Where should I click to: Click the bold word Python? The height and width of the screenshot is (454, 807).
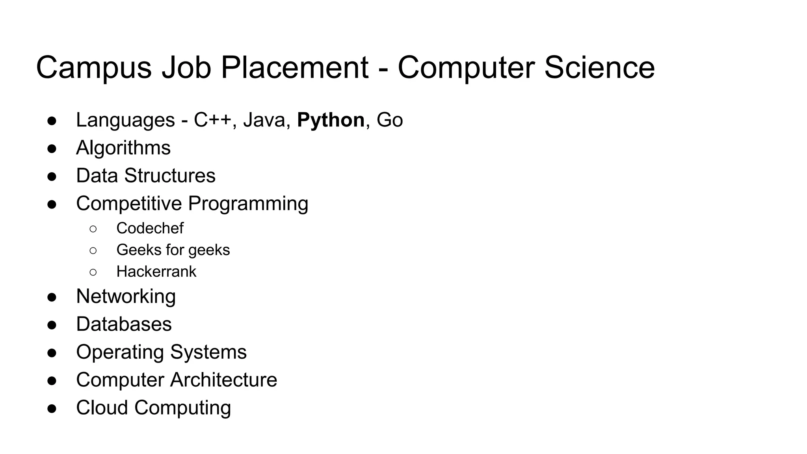click(331, 120)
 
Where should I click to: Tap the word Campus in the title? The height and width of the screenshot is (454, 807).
click(94, 68)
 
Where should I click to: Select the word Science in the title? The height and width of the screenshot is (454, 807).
click(599, 68)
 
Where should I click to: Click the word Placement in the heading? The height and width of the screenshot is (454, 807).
click(295, 68)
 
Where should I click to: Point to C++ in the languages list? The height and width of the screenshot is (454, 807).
click(212, 120)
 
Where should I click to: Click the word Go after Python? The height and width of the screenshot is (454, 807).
click(390, 120)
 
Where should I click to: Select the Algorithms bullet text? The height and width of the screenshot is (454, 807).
click(123, 148)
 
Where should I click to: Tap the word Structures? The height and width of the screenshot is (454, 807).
click(170, 176)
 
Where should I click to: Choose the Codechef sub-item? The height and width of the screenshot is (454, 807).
click(150, 228)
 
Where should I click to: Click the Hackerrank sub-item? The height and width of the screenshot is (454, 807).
click(156, 272)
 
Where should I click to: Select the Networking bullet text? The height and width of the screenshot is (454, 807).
click(126, 296)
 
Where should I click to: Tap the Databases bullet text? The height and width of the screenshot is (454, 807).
click(124, 324)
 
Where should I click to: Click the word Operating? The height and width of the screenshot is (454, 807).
click(120, 352)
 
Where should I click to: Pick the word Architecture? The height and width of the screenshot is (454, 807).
click(223, 380)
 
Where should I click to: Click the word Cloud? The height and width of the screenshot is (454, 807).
click(102, 408)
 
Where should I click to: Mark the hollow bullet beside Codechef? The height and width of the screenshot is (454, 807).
click(93, 229)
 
